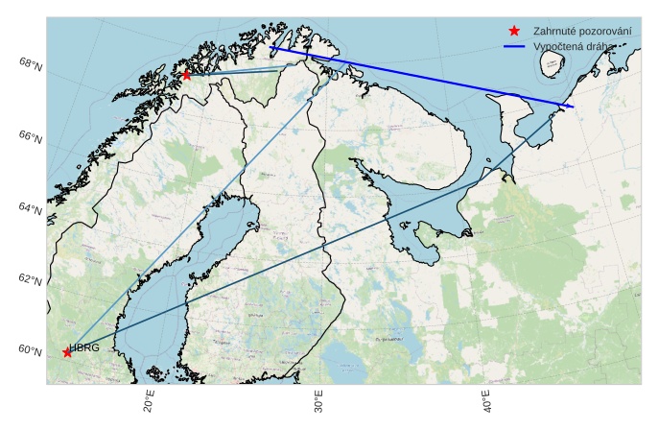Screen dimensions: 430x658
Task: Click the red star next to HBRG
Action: coord(67,352)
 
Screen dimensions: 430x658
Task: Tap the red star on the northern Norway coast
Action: coord(186,75)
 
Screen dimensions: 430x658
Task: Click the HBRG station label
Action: coord(84,347)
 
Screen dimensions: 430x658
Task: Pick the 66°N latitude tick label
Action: coord(30,137)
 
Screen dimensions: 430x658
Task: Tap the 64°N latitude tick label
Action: coord(30,208)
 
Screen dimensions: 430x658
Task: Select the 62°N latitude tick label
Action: coord(30,279)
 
